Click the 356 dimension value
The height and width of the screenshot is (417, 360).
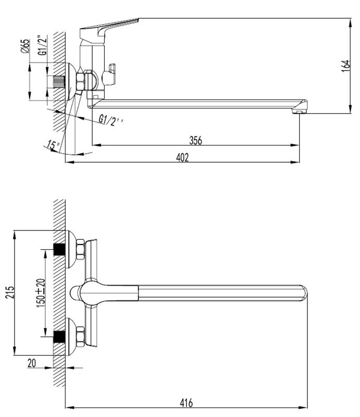195,140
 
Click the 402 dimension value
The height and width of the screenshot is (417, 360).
182,157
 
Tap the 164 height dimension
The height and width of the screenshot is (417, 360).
345,66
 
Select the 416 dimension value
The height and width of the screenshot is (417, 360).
187,403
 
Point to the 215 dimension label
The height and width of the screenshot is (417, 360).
10,292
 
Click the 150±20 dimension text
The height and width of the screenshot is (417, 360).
41,293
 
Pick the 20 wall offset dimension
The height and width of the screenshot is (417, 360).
32,363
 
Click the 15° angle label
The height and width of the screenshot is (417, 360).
54,145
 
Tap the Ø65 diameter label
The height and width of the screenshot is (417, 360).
25,46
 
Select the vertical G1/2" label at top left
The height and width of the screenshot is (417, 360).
42,45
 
